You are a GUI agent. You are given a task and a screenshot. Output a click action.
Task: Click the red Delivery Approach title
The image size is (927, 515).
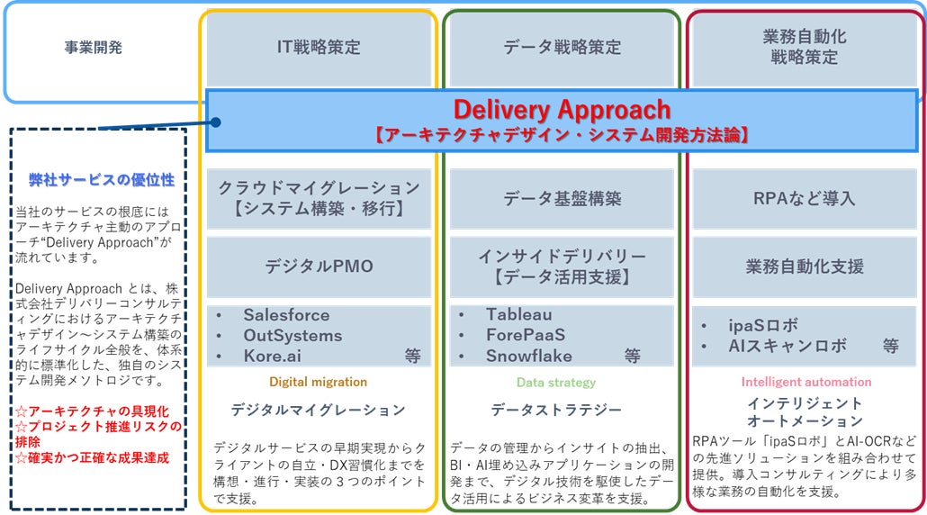562,110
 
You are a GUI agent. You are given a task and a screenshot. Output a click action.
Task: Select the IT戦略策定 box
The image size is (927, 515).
319,48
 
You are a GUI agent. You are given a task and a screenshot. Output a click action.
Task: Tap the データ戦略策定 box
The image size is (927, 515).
562,48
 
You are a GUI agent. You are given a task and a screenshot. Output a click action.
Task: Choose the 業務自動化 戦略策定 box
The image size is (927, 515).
804,48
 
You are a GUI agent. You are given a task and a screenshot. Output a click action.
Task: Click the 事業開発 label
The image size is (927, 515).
94,48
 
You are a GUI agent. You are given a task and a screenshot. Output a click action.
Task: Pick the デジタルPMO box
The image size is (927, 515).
319,267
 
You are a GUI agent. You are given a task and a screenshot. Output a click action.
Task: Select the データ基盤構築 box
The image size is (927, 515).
562,198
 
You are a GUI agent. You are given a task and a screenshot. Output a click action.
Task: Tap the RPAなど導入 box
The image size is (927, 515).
804,198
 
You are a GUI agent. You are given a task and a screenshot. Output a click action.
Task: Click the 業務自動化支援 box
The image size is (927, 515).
804,267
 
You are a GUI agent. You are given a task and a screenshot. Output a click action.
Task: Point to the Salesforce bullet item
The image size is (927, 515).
286,315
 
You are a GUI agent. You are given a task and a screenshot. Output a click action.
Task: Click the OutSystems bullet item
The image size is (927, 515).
292,336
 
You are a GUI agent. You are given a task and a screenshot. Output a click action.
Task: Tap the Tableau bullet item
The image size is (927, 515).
519,315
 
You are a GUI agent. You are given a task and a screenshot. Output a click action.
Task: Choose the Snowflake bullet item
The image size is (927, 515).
529,356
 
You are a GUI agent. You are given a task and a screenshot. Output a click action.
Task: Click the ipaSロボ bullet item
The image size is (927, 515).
763,325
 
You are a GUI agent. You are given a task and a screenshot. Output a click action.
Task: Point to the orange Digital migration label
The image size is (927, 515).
318,382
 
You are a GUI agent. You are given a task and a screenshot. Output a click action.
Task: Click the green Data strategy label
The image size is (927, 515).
556,383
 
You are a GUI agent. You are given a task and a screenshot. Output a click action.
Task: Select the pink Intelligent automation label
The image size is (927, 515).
805,382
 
